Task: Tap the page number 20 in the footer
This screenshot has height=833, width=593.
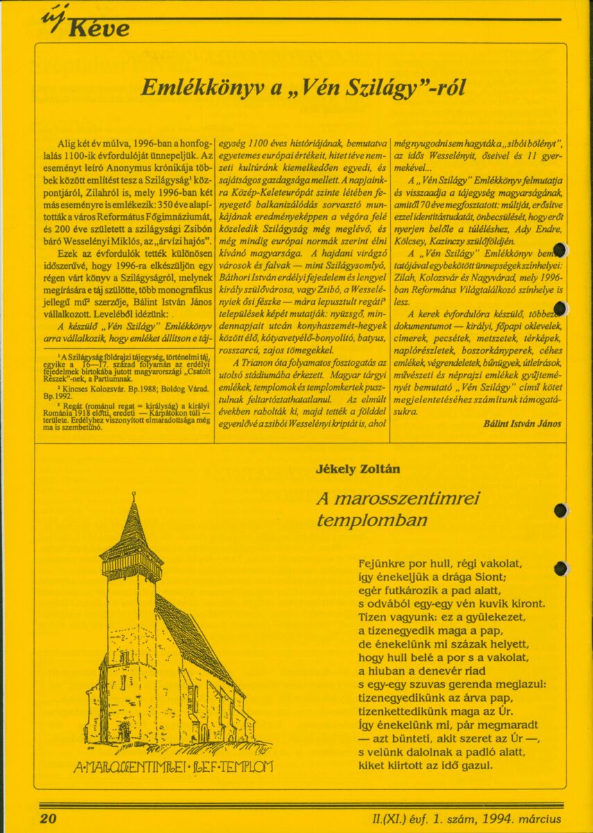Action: click(48, 818)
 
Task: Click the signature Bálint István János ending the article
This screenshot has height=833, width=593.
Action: click(522, 423)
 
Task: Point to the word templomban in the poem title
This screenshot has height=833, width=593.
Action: click(372, 520)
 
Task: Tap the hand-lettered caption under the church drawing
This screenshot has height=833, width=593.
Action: click(173, 766)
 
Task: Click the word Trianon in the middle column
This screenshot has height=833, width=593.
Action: click(258, 363)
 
